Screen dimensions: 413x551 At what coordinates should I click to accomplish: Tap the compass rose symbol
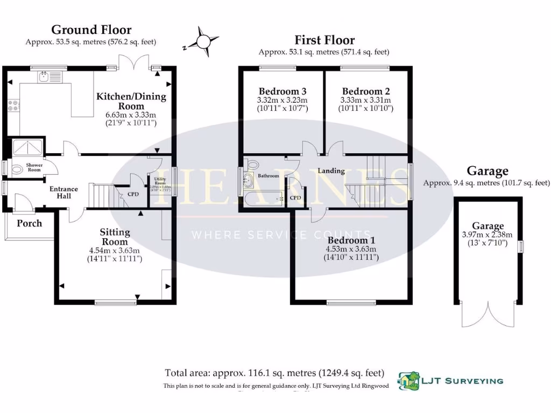click(203, 41)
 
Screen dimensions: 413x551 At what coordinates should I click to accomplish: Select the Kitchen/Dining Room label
click(131, 101)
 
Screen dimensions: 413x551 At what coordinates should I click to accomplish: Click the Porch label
click(29, 223)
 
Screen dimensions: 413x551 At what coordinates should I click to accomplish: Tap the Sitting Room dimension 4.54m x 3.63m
click(114, 251)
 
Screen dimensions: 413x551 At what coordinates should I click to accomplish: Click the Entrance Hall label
click(64, 193)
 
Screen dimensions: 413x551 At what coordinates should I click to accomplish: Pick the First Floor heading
click(324, 40)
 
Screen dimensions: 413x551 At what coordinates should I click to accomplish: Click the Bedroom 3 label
click(282, 91)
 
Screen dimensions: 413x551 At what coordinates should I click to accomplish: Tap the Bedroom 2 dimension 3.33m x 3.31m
click(365, 101)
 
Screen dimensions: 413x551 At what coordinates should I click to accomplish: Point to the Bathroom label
click(268, 176)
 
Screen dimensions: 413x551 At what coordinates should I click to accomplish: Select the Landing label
click(331, 171)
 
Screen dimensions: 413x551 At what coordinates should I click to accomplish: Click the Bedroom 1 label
click(351, 240)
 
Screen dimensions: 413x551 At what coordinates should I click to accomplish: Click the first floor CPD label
click(295, 197)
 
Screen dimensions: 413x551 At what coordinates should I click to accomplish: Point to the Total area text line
click(274, 373)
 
